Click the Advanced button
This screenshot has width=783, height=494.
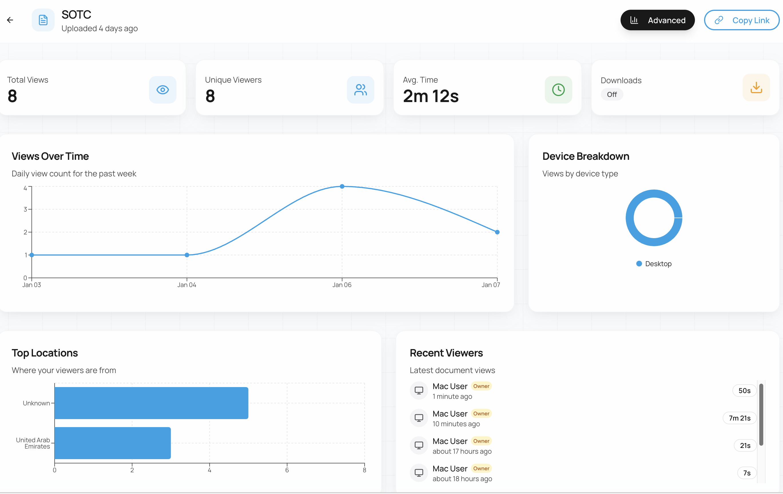click(657, 20)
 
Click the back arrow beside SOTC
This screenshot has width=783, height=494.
click(10, 20)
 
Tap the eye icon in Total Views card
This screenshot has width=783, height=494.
click(163, 90)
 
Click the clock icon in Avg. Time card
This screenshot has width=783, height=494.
click(558, 90)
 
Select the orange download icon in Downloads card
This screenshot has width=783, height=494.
click(756, 87)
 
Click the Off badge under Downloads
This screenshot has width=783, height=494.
click(611, 95)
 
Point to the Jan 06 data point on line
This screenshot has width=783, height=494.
click(342, 187)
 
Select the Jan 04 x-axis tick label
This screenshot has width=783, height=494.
click(187, 285)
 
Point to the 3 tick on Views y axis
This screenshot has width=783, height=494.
click(25, 209)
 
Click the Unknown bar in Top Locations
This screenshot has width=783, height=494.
click(151, 403)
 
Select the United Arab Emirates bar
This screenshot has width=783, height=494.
click(112, 443)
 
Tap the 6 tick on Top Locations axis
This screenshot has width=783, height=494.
click(287, 470)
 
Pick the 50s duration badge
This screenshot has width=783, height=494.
click(744, 391)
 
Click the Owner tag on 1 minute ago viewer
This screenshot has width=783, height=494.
click(481, 386)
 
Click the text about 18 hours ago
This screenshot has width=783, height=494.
click(462, 479)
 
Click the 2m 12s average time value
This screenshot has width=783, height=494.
click(430, 96)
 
